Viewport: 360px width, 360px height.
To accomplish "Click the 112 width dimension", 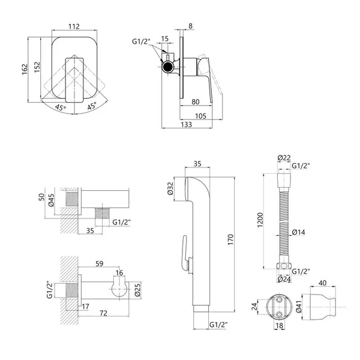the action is [x=74, y=26].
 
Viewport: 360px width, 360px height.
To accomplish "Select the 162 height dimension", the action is [x=25, y=70].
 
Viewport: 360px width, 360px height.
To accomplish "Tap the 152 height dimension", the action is [x=37, y=67].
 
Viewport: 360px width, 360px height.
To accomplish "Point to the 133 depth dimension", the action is [x=186, y=124].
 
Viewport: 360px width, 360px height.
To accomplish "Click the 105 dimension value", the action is [x=200, y=116].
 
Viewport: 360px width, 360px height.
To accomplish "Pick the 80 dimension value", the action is [x=196, y=102].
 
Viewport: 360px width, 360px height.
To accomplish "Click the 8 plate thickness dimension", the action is [x=191, y=26].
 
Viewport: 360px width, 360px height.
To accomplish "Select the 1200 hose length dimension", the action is [x=260, y=220].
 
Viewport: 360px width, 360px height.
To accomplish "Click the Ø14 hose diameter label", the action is [x=298, y=232].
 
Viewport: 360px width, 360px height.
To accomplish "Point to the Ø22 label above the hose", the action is [x=284, y=158].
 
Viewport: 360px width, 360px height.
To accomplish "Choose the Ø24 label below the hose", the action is [x=284, y=279].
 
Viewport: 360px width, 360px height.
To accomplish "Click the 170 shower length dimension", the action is [x=230, y=239].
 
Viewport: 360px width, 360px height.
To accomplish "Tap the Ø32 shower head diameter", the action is [x=170, y=188].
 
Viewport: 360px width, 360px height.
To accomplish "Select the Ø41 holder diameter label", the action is [x=298, y=307].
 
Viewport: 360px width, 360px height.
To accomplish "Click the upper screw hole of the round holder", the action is [x=279, y=299].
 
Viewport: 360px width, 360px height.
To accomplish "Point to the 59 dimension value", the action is [x=100, y=263].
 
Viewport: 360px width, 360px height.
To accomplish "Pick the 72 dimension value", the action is [x=104, y=313].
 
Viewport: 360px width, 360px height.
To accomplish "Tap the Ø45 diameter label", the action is [x=51, y=200].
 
